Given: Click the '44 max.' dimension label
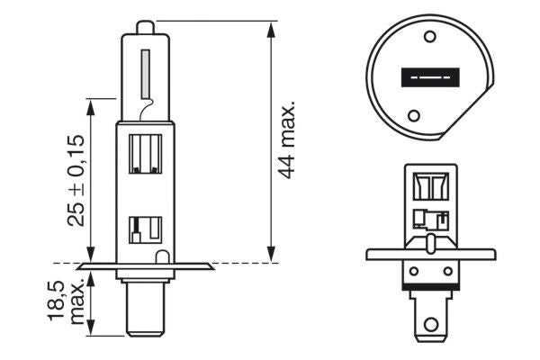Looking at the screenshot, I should [288, 139].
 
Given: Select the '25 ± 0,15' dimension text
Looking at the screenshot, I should [76, 180].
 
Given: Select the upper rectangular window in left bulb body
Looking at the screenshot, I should [146, 154].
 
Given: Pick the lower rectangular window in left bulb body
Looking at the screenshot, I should [145, 229].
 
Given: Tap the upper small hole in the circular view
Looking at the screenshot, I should [429, 37].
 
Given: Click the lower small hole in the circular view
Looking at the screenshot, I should [415, 115].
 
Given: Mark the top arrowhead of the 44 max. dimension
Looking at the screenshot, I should [271, 23].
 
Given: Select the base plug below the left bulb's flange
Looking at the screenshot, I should [145, 301].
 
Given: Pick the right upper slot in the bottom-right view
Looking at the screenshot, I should [439, 186].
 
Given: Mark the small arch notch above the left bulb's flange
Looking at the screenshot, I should [161, 257].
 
